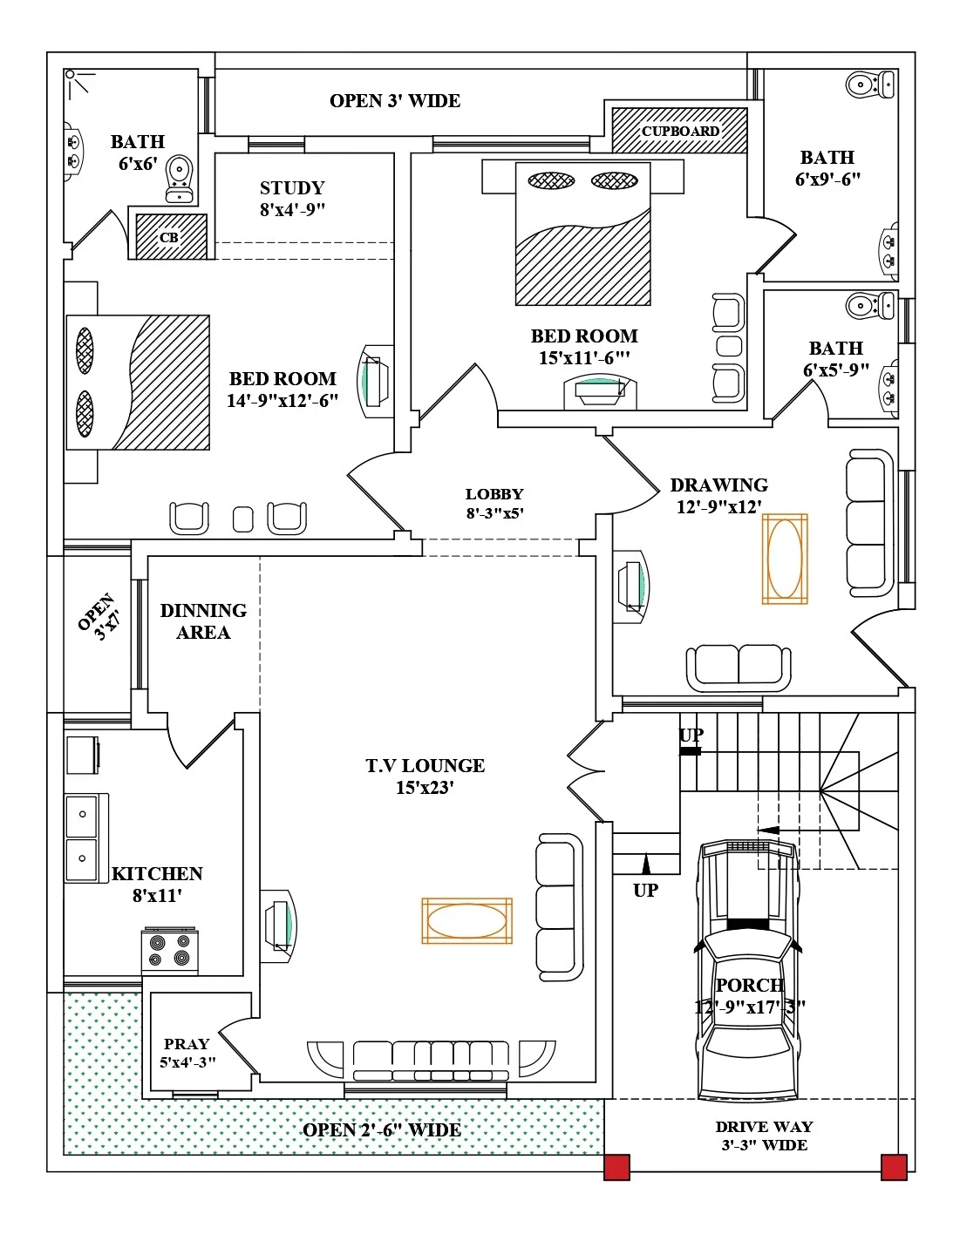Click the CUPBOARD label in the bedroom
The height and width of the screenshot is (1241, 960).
tap(680, 131)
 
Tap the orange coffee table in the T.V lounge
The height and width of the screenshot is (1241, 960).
tap(466, 920)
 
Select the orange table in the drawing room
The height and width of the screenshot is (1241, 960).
tap(785, 559)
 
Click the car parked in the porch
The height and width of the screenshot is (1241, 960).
tap(748, 967)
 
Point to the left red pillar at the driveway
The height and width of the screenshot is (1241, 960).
tap(616, 1167)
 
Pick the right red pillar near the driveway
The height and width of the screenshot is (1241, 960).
tap(894, 1167)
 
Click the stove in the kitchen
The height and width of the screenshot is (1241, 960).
tap(169, 951)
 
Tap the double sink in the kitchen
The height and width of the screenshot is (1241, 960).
tap(84, 837)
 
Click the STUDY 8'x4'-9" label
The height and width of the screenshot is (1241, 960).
tap(292, 199)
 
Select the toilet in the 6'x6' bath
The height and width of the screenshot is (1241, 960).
tap(180, 178)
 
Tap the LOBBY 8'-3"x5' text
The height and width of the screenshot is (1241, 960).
tap(494, 504)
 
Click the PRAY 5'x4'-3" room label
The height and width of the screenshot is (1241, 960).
tap(187, 1052)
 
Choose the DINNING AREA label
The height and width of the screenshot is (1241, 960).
tap(203, 621)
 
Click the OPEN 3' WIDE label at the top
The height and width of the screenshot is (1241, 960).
tap(395, 101)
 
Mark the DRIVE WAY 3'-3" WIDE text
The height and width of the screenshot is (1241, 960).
tap(764, 1136)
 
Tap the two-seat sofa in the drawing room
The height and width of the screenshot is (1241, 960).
tap(739, 667)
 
